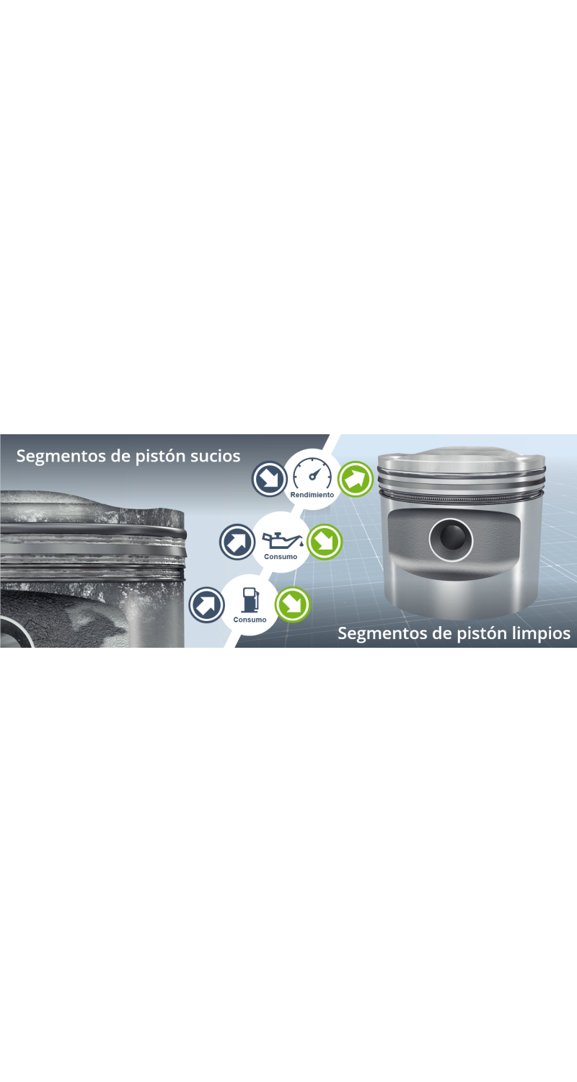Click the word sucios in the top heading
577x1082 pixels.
pos(215,456)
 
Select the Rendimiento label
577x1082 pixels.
pos(312,495)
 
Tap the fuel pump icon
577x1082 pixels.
pos(250,600)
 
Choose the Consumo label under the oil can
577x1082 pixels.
pos(281,556)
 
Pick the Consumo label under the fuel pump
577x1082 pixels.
pos(250,619)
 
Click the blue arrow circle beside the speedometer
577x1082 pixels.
pos(270,479)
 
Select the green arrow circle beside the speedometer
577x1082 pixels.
pos(356,479)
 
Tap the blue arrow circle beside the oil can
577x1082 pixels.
pos(237,542)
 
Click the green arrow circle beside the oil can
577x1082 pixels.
pos(325,542)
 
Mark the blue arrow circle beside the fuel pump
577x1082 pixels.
pos(207,604)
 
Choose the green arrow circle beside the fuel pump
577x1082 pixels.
pos(293,604)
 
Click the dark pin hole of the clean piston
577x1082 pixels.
pos(451,540)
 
